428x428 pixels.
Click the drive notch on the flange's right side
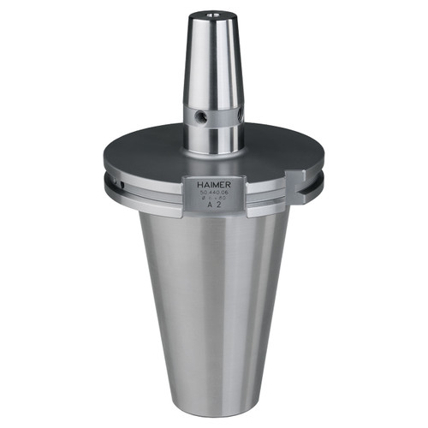click(x=296, y=183)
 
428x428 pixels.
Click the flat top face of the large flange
click(x=154, y=154)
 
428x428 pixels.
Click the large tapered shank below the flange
click(x=214, y=300)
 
